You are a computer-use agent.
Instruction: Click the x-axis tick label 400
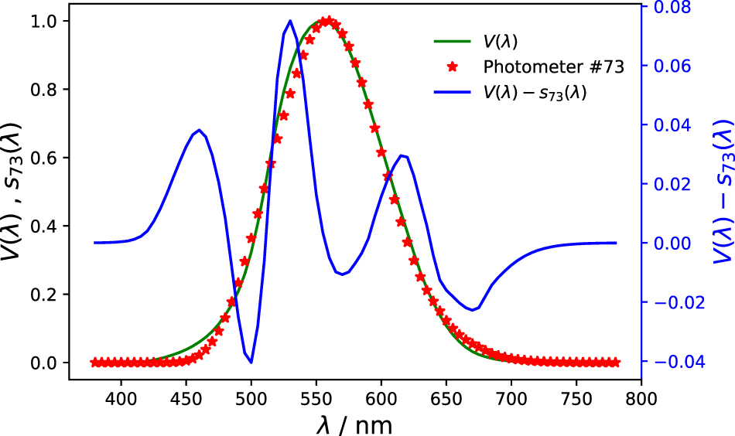pos(121,399)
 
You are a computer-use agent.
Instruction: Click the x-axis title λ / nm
pos(355,424)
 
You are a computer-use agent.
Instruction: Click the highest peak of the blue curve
pos(290,21)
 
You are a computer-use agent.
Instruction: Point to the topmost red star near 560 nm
pos(329,21)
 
